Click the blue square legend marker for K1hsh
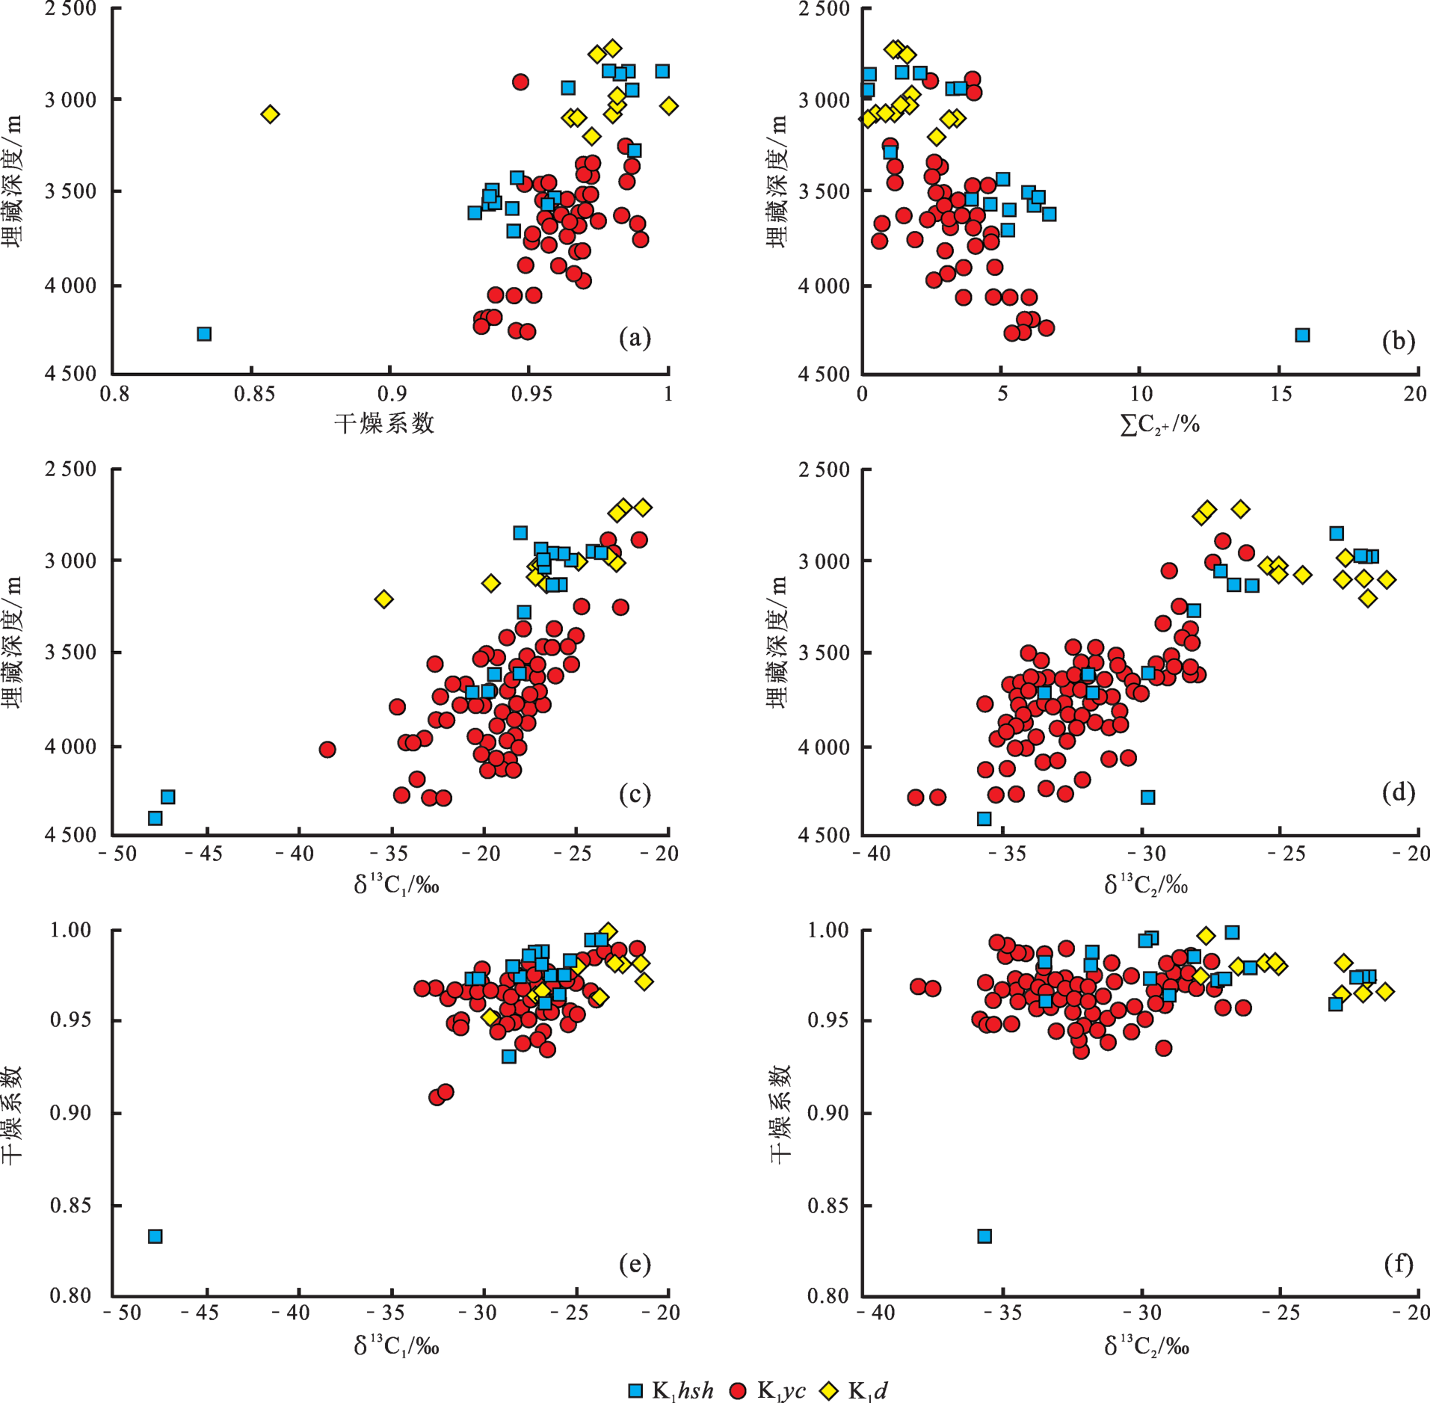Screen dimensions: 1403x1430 (635, 1390)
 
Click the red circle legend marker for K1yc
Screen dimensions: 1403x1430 (738, 1390)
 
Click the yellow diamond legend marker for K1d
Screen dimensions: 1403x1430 (829, 1390)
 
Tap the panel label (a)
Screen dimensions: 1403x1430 (635, 339)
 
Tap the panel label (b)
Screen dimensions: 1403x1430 (1398, 341)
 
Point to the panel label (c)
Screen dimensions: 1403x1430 (635, 793)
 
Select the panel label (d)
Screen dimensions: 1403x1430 (1398, 792)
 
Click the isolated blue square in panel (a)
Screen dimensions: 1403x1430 (204, 333)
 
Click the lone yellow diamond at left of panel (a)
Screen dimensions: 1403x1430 (270, 114)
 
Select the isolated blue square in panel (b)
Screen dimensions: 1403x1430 (1302, 335)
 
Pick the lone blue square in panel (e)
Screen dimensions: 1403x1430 (155, 1236)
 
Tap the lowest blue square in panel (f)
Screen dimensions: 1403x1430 (984, 1236)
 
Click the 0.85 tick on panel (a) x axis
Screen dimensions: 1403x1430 (254, 394)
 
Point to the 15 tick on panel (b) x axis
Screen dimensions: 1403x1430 (1280, 394)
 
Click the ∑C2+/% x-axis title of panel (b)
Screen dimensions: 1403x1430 (1159, 425)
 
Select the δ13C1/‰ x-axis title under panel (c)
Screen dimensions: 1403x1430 (396, 885)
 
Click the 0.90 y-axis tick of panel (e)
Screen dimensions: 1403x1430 (70, 1113)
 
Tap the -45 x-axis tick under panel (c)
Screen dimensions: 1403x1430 (203, 854)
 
